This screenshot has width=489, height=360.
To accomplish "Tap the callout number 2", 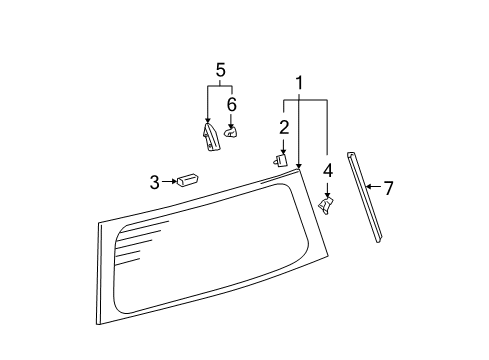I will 284,126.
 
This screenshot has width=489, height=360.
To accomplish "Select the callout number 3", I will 155,181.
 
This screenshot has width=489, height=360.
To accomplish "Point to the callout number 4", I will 327,171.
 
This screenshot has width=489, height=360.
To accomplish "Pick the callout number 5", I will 220,69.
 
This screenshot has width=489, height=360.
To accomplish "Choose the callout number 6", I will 232,104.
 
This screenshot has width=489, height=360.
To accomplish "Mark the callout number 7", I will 388,186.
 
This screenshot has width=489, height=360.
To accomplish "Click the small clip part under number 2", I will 281,158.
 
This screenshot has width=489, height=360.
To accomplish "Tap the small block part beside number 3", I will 187,179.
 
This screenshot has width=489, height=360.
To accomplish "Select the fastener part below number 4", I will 327,204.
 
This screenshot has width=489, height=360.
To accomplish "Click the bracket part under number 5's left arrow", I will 209,137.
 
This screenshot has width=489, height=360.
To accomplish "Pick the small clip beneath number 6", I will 231,130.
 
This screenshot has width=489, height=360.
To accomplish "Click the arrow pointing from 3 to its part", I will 169,181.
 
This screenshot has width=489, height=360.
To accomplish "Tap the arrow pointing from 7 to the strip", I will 373,186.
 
